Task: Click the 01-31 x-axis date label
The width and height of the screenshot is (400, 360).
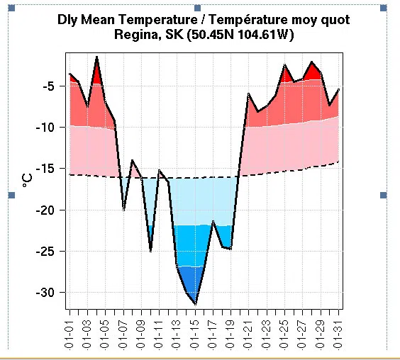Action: (x=340, y=333)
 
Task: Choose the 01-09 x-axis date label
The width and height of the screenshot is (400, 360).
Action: (x=142, y=333)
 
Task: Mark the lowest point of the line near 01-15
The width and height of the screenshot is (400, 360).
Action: (x=196, y=303)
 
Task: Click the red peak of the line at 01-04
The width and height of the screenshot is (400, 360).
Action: (x=96, y=57)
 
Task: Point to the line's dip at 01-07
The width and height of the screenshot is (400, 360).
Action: (x=123, y=209)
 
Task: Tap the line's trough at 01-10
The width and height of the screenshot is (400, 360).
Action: (x=150, y=250)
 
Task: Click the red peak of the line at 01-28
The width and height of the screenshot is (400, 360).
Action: (x=312, y=62)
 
